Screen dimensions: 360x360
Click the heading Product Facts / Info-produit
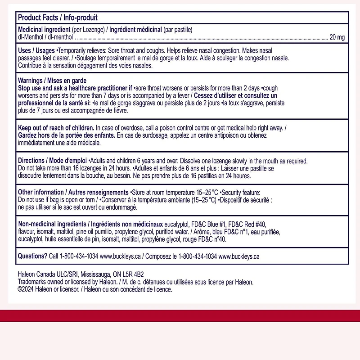click(58, 18)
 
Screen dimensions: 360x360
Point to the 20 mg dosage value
click(337, 37)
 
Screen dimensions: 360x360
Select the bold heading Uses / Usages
click(36, 50)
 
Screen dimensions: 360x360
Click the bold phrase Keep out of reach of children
click(56, 128)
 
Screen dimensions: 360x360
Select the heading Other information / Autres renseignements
click(73, 192)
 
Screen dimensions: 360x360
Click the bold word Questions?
click(32, 256)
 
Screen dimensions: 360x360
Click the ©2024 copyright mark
click(27, 289)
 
